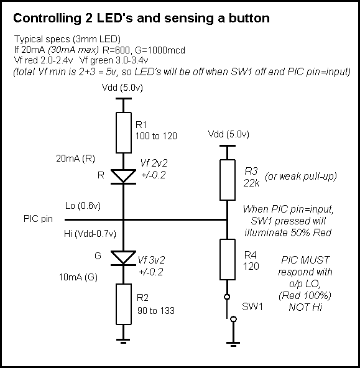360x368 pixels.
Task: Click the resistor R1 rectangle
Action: pyautogui.click(x=124, y=132)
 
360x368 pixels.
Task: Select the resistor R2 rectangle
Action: pyautogui.click(x=124, y=304)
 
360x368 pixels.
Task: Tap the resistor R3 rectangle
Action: pyautogui.click(x=228, y=180)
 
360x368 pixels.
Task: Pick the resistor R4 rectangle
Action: pyautogui.click(x=228, y=260)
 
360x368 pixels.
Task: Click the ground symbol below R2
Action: pyautogui.click(x=123, y=341)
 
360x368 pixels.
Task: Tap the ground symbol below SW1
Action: pyautogui.click(x=233, y=344)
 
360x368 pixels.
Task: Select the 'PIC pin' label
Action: pyautogui.click(x=38, y=219)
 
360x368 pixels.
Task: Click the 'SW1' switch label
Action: pyautogui.click(x=252, y=306)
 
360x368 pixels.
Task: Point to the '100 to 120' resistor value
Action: pyautogui.click(x=156, y=136)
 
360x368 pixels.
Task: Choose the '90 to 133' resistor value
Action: pyautogui.click(x=156, y=311)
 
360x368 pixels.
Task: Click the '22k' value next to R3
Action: pyautogui.click(x=251, y=183)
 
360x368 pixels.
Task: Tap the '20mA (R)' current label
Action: pyautogui.click(x=76, y=159)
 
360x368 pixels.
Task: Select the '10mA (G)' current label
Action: pyautogui.click(x=78, y=277)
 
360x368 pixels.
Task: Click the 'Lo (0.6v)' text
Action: pyautogui.click(x=83, y=206)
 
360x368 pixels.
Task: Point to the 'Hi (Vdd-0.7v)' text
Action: pyautogui.click(x=90, y=234)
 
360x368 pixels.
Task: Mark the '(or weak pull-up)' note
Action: pyautogui.click(x=301, y=177)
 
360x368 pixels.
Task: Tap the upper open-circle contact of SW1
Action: pyautogui.click(x=227, y=297)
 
